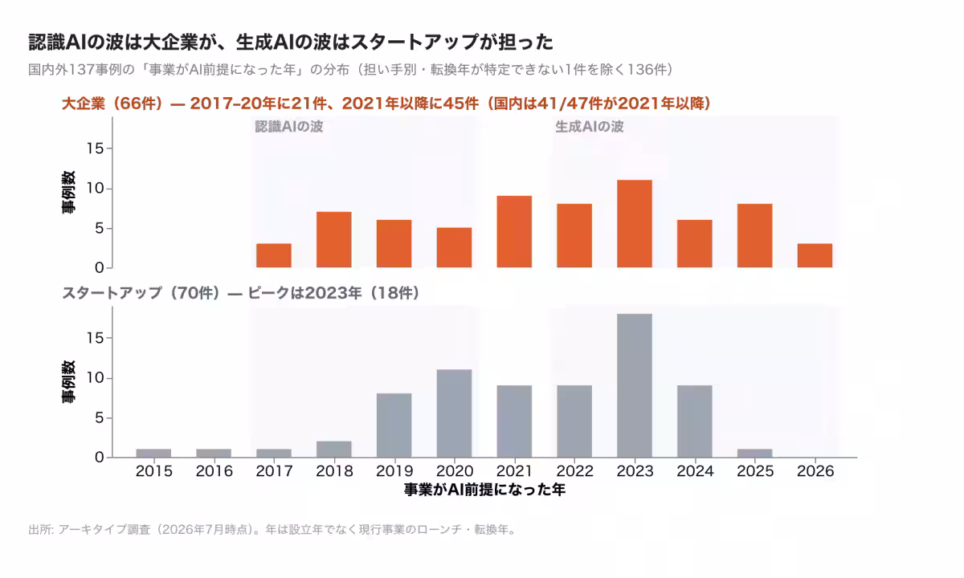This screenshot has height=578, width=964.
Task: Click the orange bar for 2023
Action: point(635,224)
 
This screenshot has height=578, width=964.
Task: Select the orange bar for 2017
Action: point(274,255)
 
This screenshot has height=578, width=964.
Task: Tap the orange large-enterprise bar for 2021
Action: point(514,232)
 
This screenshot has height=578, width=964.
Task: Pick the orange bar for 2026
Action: point(815,255)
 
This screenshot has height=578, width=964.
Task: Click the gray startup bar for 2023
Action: point(635,385)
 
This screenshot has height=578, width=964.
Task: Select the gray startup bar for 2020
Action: point(454,413)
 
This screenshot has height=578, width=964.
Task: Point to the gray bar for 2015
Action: point(153,454)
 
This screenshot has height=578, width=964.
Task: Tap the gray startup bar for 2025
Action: point(754,454)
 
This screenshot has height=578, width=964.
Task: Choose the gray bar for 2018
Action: point(334,450)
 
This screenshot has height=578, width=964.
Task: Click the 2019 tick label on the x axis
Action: point(394,471)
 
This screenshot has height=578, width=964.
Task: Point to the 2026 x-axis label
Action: point(815,471)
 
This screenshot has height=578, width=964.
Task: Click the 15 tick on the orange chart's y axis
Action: point(95,149)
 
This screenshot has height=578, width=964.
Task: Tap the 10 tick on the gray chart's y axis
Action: point(95,378)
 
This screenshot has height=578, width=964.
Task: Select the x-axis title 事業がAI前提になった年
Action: point(484,490)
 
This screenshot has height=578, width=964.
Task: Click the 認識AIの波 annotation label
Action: point(288,127)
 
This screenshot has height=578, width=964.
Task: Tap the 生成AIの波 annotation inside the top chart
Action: point(589,127)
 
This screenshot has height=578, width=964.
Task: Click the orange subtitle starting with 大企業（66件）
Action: point(386,104)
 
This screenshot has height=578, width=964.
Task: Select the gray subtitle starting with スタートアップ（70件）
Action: point(240,293)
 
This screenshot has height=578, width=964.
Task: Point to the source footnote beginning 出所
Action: point(272,529)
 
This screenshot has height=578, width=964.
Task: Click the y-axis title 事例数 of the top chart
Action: point(68,192)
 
